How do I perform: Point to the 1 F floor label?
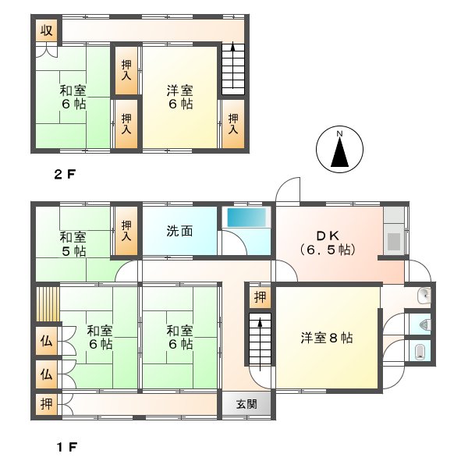(64, 448)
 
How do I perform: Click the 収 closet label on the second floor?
(47, 30)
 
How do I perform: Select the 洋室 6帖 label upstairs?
(179, 97)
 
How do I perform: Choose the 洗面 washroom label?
(178, 231)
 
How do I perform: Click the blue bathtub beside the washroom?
(246, 218)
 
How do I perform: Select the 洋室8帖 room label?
(327, 339)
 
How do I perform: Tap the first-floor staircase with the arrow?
(259, 340)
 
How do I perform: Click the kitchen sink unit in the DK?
(394, 242)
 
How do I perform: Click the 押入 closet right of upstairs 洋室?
(233, 124)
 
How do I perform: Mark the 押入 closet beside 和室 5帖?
(126, 231)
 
